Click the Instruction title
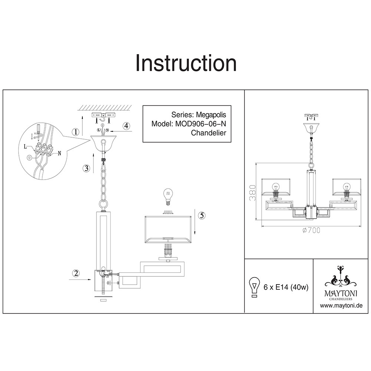point(186,63)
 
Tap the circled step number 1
point(76,132)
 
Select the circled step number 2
point(76,273)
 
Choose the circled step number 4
point(127,126)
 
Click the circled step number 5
point(201,216)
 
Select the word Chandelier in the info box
point(209,133)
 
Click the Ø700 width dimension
point(311,230)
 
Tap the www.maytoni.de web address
point(341,306)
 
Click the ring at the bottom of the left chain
point(103,204)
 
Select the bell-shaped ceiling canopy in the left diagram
point(103,143)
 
